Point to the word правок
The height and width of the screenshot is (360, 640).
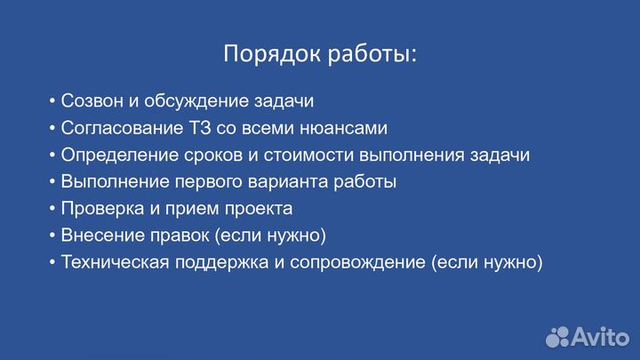[172, 236]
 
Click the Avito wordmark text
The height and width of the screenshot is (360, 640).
[602, 336]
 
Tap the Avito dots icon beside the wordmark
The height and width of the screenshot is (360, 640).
[557, 336]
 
